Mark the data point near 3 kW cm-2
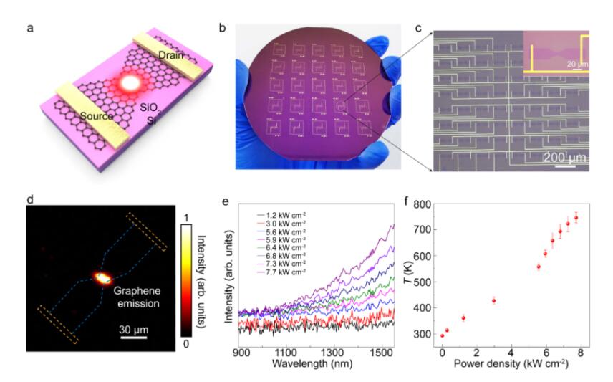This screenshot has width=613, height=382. point(493,301)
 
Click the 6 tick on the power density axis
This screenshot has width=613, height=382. point(546,352)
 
